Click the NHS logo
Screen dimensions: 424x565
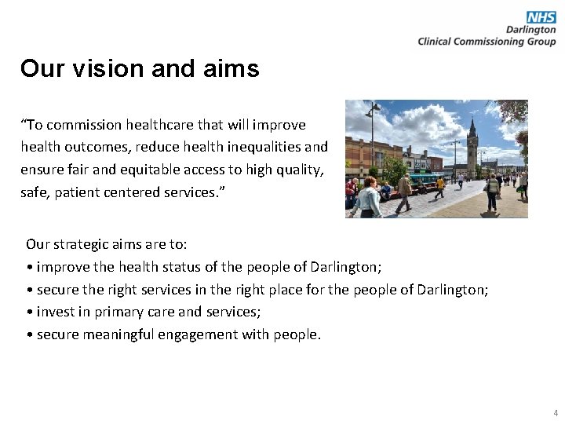point(541,17)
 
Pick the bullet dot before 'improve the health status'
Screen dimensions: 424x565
point(29,267)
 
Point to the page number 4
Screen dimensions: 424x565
point(556,412)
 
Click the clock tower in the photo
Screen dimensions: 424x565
point(472,145)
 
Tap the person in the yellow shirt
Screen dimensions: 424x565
point(440,185)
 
